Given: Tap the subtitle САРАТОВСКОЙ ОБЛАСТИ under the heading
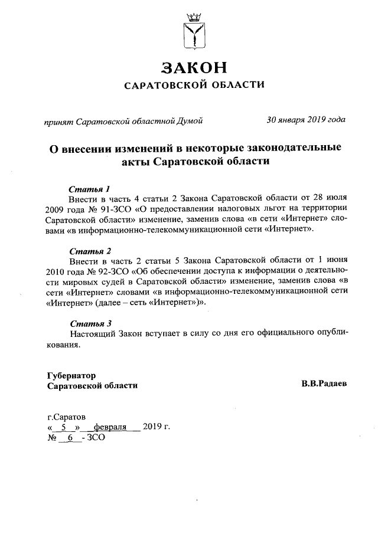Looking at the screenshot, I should coord(194,86).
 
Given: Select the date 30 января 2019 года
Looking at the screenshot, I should coord(306,120).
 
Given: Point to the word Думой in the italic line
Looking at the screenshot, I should coord(190,121).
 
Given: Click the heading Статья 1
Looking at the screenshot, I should coord(90,189).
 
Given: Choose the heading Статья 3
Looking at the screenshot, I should coord(90,323).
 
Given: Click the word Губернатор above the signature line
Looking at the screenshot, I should coord(71,375).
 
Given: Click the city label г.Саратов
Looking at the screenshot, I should coord(66,416).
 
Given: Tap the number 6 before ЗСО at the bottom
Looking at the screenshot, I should coord(70,437).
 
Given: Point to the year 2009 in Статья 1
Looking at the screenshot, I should coord(57,209).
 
